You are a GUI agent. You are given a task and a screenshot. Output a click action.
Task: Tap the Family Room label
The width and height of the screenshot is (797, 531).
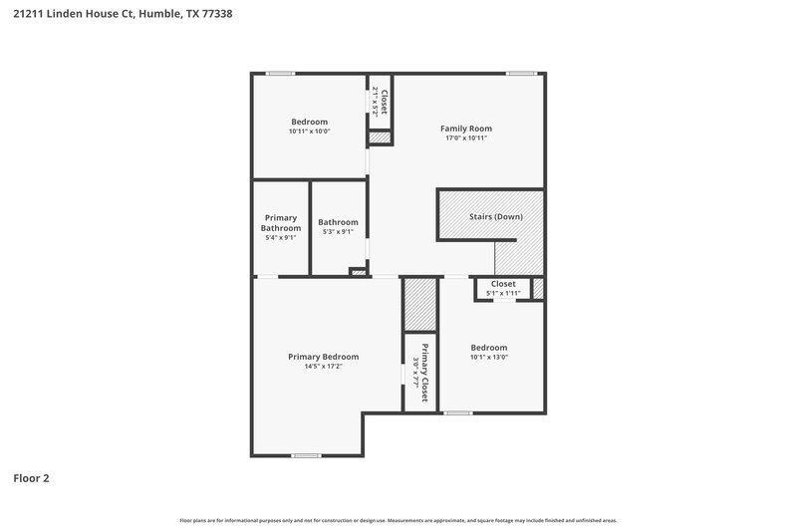click(x=466, y=129)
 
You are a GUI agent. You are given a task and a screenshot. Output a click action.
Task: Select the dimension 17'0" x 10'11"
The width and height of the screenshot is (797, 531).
click(x=466, y=138)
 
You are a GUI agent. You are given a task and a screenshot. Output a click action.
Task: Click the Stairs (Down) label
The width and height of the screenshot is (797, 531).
click(x=495, y=216)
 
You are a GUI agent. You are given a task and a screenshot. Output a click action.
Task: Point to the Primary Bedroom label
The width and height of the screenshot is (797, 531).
click(x=323, y=357)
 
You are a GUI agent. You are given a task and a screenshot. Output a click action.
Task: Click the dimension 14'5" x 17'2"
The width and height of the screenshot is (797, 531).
click(x=323, y=367)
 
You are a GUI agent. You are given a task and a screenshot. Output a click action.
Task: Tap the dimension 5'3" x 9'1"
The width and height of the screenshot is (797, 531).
click(x=338, y=232)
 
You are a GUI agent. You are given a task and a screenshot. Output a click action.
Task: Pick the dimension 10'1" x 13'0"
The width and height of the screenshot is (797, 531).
click(x=489, y=358)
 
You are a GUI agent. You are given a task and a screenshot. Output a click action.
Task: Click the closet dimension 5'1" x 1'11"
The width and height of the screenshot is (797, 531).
click(x=503, y=294)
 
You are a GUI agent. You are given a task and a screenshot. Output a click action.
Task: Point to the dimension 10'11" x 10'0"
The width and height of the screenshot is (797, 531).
click(x=309, y=132)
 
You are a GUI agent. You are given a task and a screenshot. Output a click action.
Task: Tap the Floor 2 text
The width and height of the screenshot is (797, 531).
click(x=31, y=478)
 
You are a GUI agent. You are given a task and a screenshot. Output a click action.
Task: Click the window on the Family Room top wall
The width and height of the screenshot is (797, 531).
click(x=520, y=73)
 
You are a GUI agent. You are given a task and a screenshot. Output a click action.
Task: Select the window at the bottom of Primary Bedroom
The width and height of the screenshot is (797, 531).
click(x=306, y=455)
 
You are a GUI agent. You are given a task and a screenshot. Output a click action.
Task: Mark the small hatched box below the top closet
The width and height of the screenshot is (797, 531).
click(x=380, y=137)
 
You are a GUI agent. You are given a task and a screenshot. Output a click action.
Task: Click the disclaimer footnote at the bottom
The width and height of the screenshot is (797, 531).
click(x=398, y=520)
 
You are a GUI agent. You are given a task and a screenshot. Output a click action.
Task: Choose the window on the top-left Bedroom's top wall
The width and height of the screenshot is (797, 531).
click(x=280, y=73)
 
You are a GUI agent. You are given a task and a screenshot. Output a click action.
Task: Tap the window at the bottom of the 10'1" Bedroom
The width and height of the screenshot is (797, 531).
click(x=458, y=412)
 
